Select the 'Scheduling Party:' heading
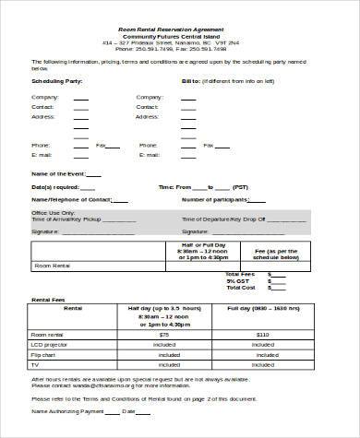tap(59, 81)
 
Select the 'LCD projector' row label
tap(54, 343)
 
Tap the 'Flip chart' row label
tap(48, 353)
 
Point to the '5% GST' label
tap(242, 280)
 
